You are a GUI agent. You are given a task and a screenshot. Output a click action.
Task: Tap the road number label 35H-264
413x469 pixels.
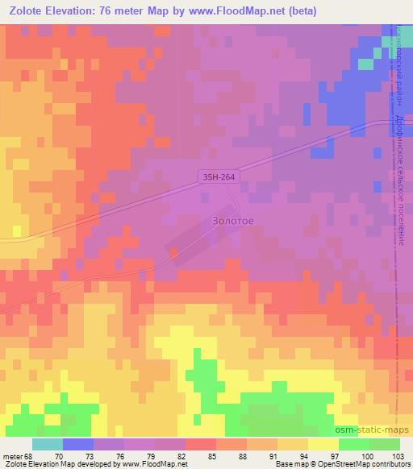(219, 175)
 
